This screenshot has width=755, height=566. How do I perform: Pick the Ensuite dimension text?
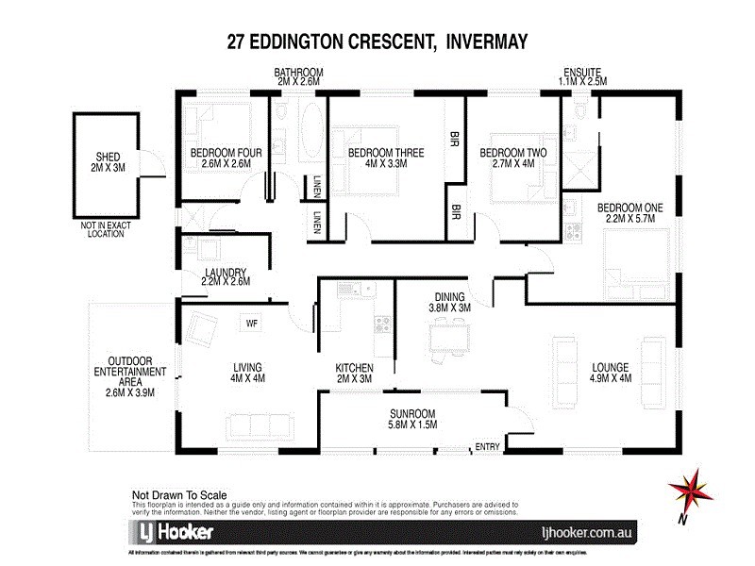click(x=583, y=82)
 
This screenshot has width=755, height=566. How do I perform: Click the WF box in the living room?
click(x=252, y=323)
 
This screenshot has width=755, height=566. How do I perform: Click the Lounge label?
click(x=611, y=367)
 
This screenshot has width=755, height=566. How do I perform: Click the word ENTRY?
click(x=488, y=447)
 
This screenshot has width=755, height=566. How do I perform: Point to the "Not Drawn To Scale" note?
click(x=179, y=493)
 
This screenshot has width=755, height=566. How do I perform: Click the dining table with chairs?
click(x=447, y=337)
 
